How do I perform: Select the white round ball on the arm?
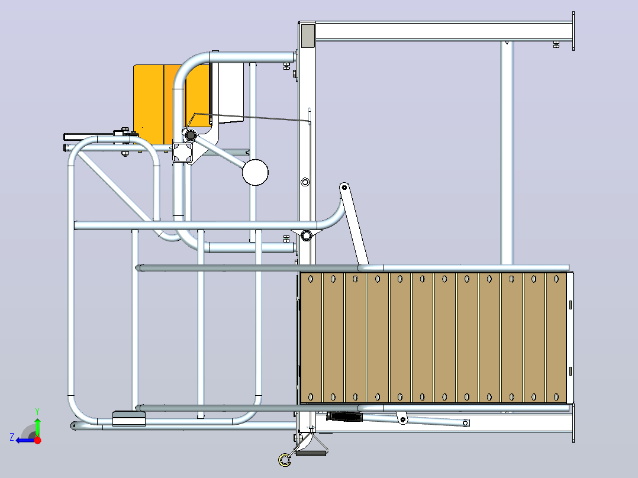255,172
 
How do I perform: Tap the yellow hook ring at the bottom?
285,460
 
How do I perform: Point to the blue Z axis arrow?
25,440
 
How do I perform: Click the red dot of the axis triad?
37,440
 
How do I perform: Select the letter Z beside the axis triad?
12,437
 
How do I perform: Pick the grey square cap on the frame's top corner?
308,35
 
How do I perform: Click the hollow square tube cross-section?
182,153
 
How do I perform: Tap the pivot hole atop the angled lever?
344,187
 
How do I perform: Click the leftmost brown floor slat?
311,337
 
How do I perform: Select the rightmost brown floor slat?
556,337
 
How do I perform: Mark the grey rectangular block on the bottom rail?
128,419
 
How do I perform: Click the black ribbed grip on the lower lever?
344,417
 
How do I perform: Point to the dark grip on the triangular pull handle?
310,452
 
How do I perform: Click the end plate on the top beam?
573,31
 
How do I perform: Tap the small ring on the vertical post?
305,182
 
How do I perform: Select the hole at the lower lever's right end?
466,424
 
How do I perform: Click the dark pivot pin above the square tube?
191,135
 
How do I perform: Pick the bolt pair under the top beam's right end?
556,44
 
